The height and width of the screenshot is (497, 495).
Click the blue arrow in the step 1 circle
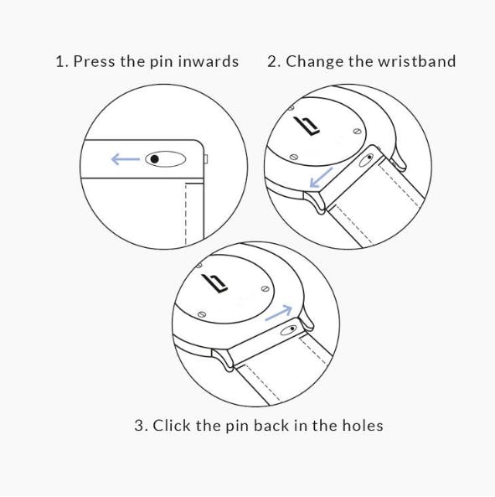(126, 159)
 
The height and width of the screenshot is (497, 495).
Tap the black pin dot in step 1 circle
(154, 158)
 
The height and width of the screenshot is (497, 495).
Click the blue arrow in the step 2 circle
(321, 178)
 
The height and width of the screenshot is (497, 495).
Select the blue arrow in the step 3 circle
(278, 313)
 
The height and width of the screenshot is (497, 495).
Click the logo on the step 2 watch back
(307, 126)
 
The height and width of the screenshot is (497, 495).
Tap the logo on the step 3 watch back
(214, 283)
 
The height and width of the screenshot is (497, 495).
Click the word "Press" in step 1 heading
(94, 61)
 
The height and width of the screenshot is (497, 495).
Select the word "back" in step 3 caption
(271, 425)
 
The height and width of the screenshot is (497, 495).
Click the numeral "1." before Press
(62, 61)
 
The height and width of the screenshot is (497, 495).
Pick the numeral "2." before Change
(274, 61)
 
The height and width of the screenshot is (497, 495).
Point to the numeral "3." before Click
(141, 426)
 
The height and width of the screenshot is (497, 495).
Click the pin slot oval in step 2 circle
(366, 160)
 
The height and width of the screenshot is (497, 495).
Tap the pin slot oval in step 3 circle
(289, 330)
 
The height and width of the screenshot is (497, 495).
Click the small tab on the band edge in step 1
(206, 159)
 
